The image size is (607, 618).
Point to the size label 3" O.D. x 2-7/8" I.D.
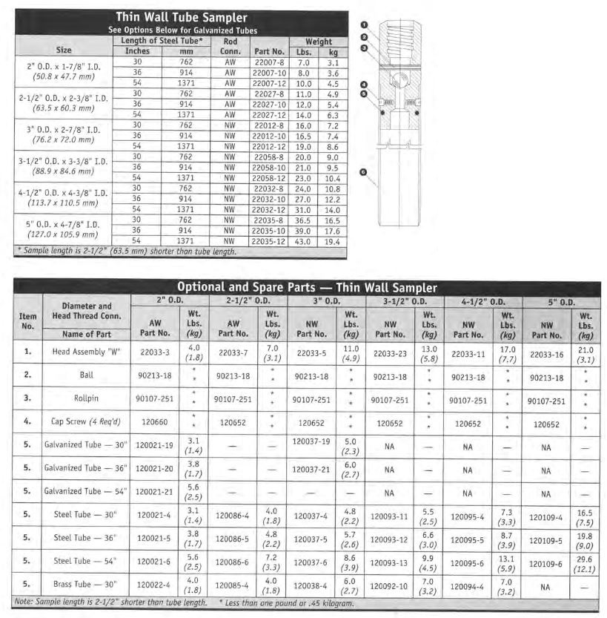pos(63,132)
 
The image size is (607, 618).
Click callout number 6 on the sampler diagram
pos(362,172)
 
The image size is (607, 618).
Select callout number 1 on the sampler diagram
pos(364,25)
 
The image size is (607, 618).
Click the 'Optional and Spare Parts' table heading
pos(306,287)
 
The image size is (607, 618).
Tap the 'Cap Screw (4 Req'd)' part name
pos(87,423)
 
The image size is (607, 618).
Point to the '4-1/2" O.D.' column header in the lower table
pos(482,302)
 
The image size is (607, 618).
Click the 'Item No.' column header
pos(27,320)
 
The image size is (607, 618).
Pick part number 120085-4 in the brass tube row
pos(233,586)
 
